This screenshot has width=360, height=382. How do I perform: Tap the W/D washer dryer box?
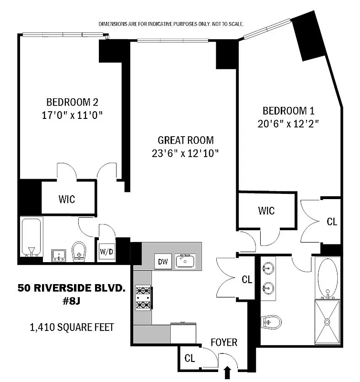pos(106,250)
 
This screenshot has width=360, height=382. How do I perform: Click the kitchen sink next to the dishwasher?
pos(184,261)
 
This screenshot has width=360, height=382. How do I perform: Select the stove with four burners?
pos(143,297)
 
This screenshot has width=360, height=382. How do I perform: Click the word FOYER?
pos(224,343)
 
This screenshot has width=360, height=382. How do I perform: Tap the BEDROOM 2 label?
pos(72,102)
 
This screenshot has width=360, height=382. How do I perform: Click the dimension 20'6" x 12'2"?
pos(288,123)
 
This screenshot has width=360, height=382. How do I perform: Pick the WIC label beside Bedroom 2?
pos(67,199)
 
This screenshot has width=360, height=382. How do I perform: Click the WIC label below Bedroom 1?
pos(266,210)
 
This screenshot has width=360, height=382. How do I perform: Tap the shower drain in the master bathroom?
pos(328,322)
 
